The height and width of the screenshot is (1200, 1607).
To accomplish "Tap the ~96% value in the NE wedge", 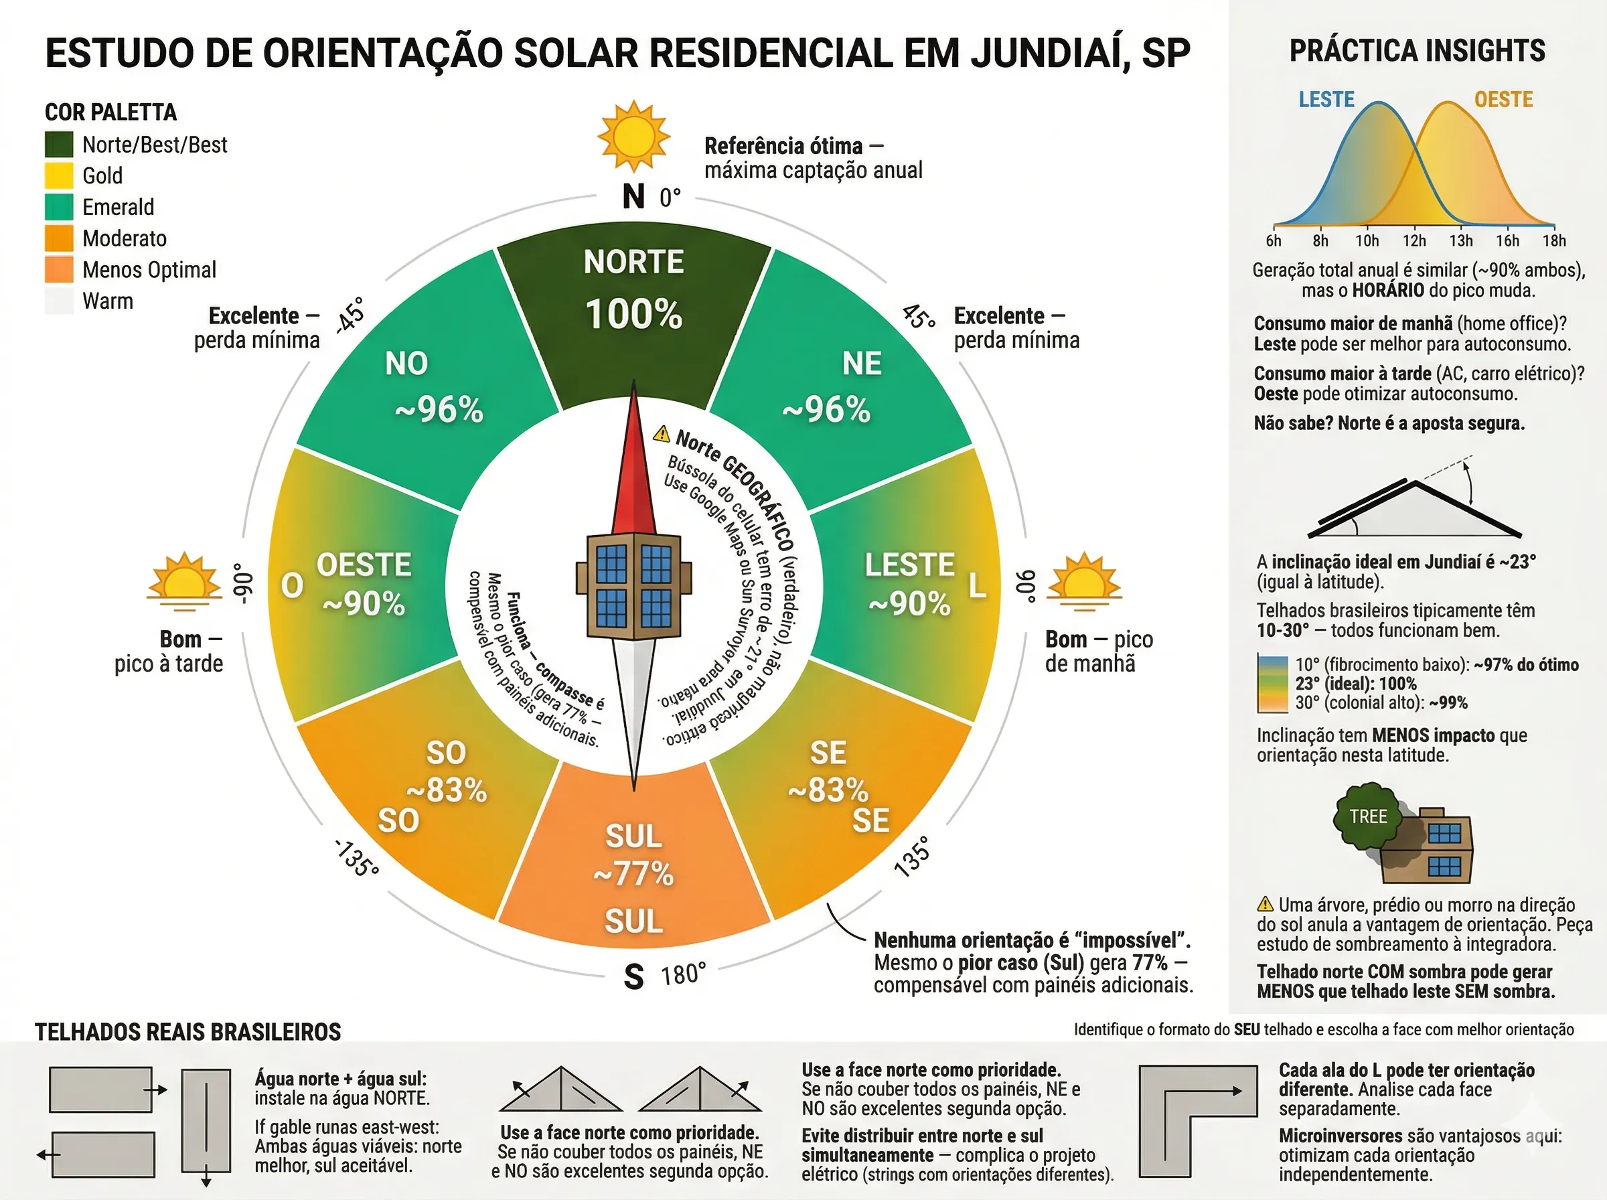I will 826,410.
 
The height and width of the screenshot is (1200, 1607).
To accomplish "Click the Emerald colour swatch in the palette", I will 59,207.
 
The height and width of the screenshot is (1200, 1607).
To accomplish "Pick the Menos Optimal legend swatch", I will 59,269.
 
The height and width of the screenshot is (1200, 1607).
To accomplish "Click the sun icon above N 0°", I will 633,136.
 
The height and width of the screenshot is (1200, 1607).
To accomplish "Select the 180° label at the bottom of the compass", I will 682,974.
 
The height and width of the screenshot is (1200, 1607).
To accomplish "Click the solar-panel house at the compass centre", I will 633,586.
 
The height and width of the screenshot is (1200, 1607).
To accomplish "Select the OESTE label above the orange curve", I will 1503,100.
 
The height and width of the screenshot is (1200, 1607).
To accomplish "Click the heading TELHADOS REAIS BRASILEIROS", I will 188,1032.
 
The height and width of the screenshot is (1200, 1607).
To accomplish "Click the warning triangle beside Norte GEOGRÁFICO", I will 662,434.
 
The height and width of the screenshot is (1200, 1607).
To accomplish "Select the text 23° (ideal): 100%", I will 1356,684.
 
